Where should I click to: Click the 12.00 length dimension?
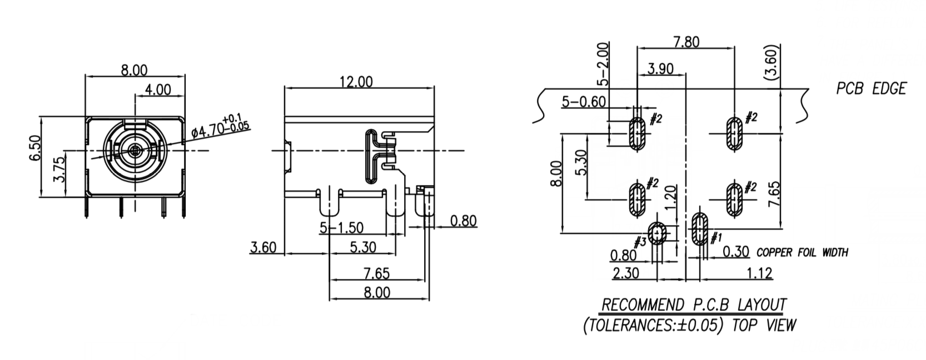click(x=356, y=82)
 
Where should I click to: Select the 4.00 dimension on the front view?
click(x=158, y=89)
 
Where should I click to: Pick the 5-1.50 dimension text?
click(x=341, y=227)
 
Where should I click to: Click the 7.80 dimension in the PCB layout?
click(x=686, y=42)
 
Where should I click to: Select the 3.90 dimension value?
click(x=660, y=68)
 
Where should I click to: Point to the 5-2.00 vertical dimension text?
click(x=603, y=64)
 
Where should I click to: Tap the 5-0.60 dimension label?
click(x=583, y=102)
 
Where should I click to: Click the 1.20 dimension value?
click(x=670, y=196)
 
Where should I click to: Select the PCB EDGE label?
click(x=871, y=88)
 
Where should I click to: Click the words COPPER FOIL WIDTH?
click(x=803, y=253)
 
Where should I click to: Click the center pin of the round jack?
click(x=135, y=150)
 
